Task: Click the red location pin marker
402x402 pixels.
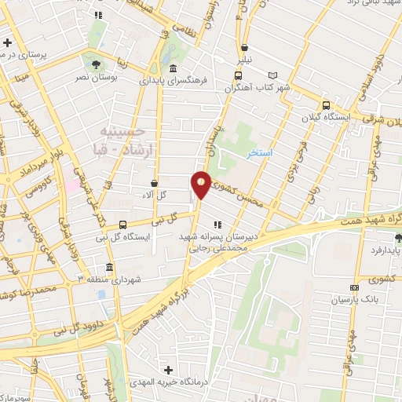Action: coord(201,185)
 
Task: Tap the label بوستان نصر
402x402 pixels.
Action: coord(95,79)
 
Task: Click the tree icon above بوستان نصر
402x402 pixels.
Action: coord(96,65)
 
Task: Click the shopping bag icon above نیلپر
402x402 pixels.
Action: coord(246,47)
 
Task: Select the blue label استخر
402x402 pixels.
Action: coord(260,152)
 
